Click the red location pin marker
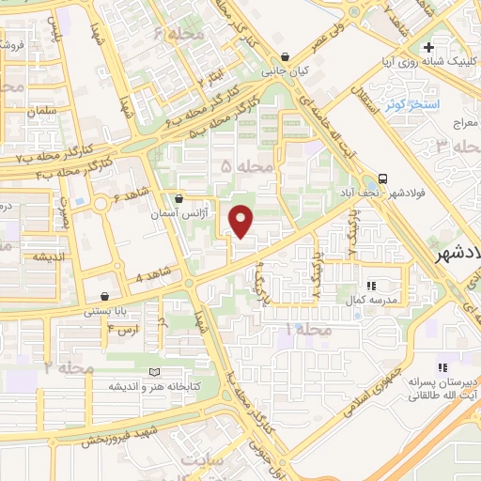point(242,222)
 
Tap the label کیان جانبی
point(286,69)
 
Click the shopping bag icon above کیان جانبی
point(286,55)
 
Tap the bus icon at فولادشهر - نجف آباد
point(383,178)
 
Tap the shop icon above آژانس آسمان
point(178,199)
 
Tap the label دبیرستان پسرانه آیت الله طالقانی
point(442,387)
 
